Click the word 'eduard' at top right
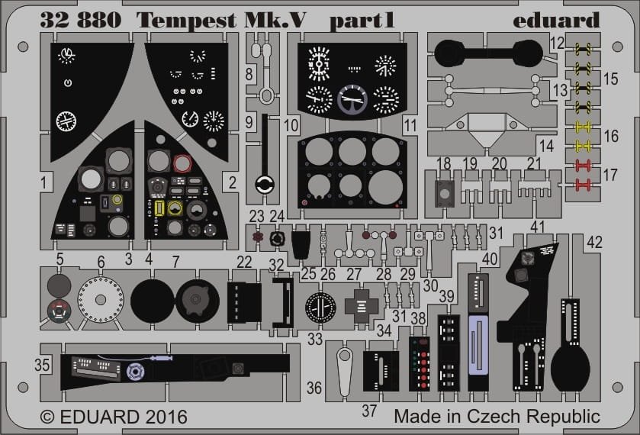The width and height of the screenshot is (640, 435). pos(556,21)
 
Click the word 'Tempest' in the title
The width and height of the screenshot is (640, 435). pos(186,21)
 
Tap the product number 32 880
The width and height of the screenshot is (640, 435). pos(81,20)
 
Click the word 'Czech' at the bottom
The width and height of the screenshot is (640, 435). pos(494,417)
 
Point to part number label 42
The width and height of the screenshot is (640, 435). pos(594,242)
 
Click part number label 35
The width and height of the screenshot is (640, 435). pos(42,365)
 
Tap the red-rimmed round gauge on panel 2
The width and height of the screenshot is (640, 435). pos(182,163)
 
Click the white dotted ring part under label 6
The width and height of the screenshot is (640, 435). pos(101,299)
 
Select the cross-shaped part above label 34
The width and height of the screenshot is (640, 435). pos(362,306)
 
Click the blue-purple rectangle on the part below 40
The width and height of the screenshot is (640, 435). pos(478,344)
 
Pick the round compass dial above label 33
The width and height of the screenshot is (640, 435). pos(320,307)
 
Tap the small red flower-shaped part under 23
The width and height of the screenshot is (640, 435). pos(257,237)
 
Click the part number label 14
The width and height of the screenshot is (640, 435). pos(546,146)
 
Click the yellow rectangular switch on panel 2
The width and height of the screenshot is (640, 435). pos(159,208)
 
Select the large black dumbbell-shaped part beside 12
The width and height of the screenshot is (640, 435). pos(488,54)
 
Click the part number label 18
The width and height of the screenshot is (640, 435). pos(443,163)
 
